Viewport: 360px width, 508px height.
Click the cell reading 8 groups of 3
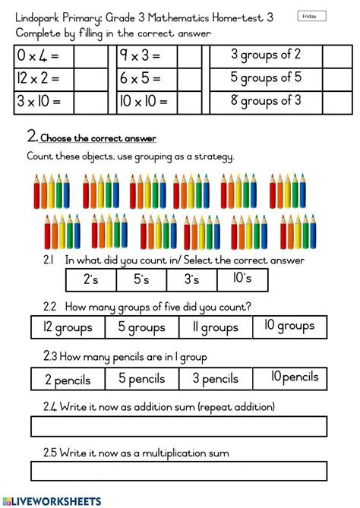(x=266, y=100)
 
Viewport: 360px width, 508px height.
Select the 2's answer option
(x=91, y=279)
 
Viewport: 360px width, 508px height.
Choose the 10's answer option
(x=242, y=279)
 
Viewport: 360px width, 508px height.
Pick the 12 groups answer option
(x=68, y=327)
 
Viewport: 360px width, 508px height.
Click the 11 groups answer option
(x=216, y=327)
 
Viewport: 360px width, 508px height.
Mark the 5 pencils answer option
(x=141, y=379)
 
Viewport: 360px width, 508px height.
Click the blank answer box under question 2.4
(x=178, y=426)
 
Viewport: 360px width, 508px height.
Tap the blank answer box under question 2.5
(x=178, y=471)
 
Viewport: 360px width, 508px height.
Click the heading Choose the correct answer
(x=98, y=138)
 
